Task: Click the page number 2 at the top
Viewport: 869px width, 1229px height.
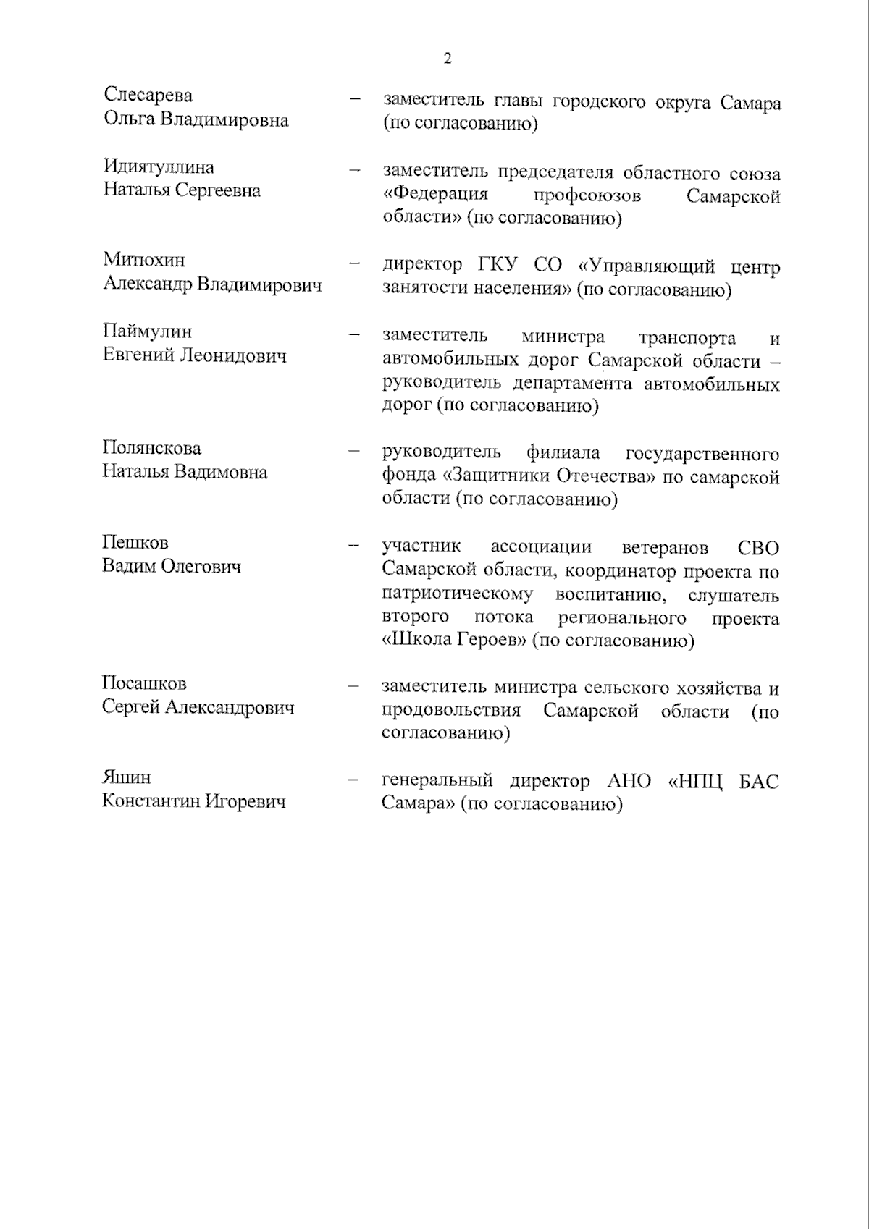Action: [x=448, y=59]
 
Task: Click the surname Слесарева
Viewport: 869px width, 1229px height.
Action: [x=148, y=96]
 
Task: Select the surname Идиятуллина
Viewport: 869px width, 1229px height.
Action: [x=159, y=167]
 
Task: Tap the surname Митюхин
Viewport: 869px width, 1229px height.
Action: [x=144, y=260]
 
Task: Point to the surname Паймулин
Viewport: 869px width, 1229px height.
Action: [x=147, y=332]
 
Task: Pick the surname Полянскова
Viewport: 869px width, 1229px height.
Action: [x=151, y=449]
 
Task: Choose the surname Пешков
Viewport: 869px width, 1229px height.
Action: [x=135, y=543]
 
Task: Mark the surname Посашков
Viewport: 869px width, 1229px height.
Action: [x=144, y=684]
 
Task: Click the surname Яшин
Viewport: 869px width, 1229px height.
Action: [x=126, y=778]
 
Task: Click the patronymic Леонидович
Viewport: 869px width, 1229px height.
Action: [x=232, y=356]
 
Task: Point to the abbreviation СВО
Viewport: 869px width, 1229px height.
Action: [x=757, y=548]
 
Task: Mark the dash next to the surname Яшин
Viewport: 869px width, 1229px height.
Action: [x=354, y=780]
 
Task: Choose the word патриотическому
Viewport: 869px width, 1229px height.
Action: [x=458, y=595]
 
